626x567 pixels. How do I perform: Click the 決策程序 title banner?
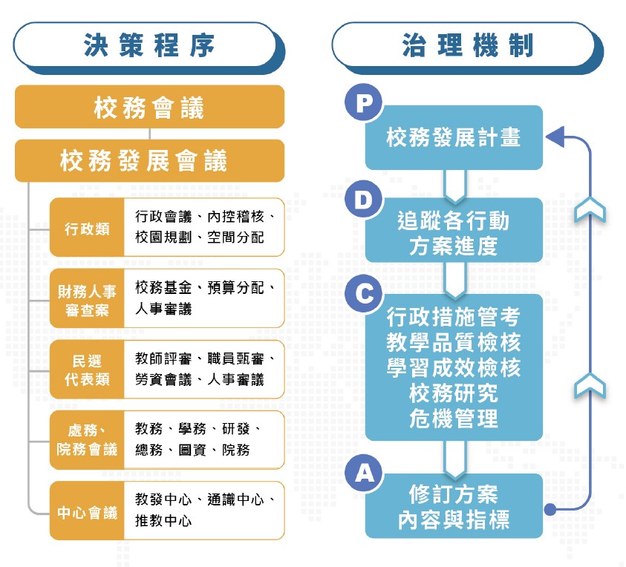point(149,46)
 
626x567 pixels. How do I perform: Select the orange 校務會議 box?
point(149,108)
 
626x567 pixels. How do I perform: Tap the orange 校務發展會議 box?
point(149,160)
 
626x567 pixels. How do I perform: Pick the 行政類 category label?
point(87,228)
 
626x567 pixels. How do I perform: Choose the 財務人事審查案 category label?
point(87,299)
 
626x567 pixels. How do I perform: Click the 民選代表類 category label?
point(87,370)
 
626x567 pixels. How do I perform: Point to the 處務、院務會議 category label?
point(87,441)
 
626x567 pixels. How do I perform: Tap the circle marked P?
point(364,102)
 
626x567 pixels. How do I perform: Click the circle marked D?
point(364,201)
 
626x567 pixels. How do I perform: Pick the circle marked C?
point(364,295)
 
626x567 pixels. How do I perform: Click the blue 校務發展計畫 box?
point(454,138)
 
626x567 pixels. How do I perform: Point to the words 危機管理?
point(454,419)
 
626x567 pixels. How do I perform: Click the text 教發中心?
point(160,499)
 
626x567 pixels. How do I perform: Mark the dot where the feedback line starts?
point(550,509)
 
